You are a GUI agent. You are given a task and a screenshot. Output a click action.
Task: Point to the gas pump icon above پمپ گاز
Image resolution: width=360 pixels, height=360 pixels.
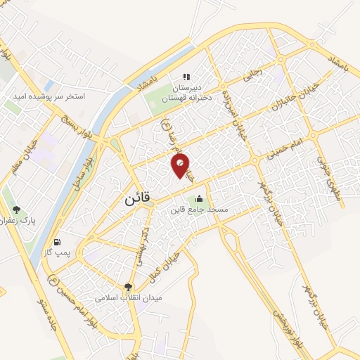(x=57, y=241)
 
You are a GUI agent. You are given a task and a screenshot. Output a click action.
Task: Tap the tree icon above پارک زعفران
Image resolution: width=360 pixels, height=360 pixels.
(x=16, y=210)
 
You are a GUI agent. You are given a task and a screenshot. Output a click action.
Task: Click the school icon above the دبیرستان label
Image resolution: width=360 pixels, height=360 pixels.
(x=186, y=77)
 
